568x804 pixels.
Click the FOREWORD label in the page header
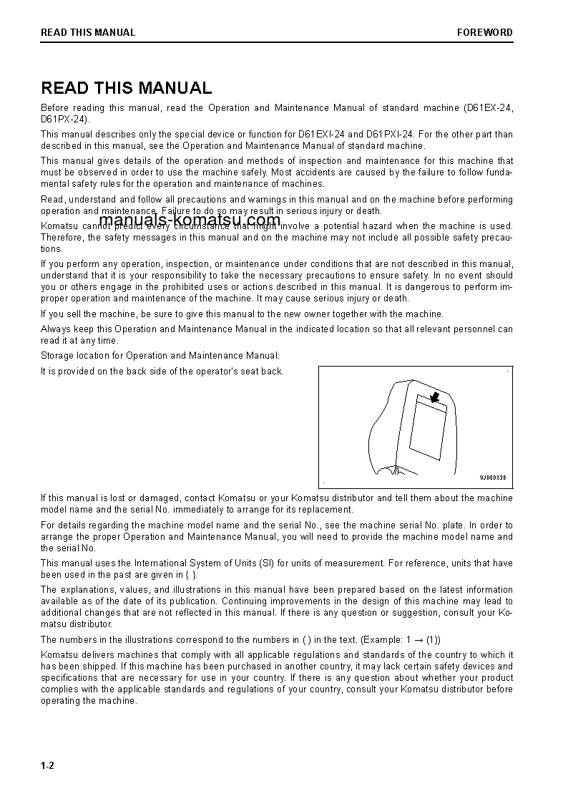485,32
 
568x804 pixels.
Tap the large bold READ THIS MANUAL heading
127,88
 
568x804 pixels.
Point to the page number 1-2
48,766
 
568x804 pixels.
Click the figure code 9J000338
492,478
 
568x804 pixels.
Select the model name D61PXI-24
390,134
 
